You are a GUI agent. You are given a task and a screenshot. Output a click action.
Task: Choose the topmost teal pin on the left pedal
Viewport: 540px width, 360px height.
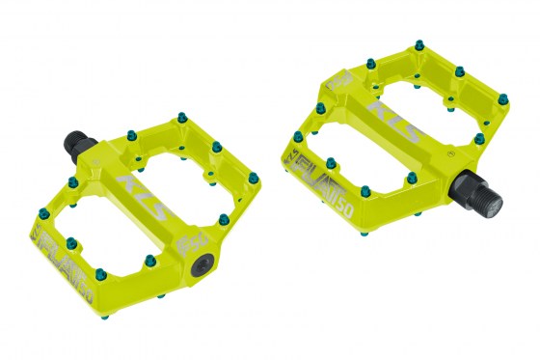tap(180, 119)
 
